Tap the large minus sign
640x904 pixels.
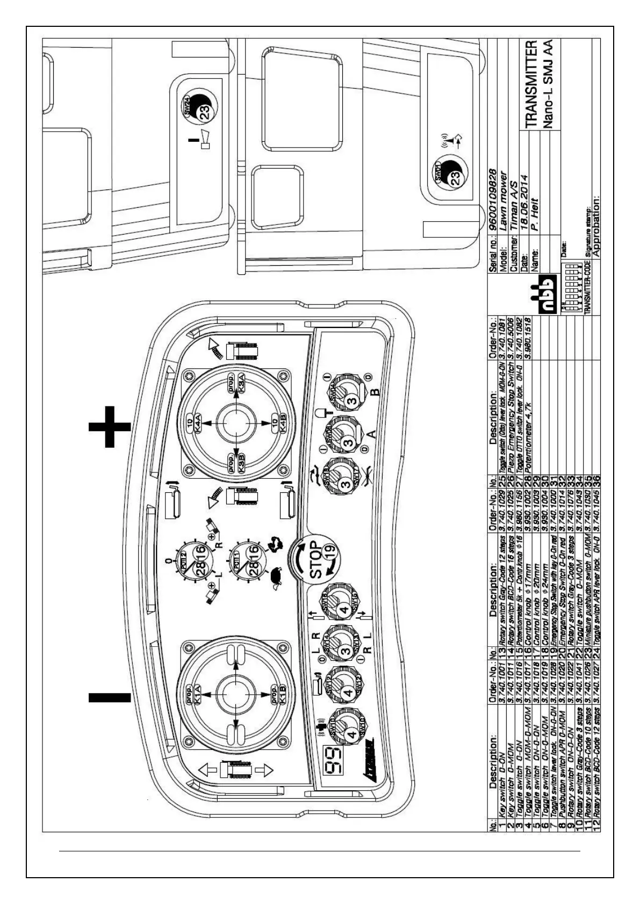click(x=110, y=697)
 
